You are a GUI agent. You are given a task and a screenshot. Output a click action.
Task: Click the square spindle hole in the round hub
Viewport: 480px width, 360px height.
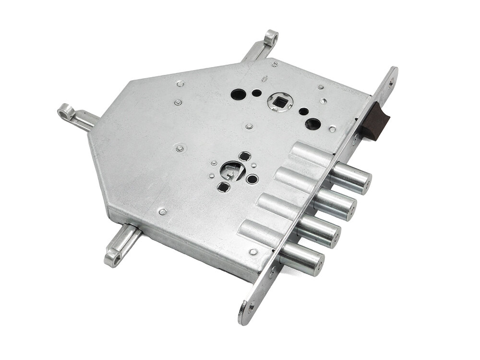pyautogui.click(x=278, y=101)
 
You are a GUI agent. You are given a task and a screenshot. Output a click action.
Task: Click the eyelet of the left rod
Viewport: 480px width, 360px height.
pyautogui.click(x=65, y=112)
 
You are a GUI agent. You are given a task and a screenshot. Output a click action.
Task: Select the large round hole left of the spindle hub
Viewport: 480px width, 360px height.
pyautogui.click(x=238, y=94)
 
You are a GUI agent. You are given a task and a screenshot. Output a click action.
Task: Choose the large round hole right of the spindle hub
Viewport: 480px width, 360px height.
pyautogui.click(x=313, y=124)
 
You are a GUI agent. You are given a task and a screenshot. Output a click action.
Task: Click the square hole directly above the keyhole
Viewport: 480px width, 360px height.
pyautogui.click(x=245, y=156)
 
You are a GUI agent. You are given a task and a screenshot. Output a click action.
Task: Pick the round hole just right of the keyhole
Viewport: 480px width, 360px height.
pyautogui.click(x=252, y=179)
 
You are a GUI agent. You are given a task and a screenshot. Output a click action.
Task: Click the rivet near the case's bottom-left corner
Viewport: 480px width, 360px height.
pyautogui.click(x=162, y=212)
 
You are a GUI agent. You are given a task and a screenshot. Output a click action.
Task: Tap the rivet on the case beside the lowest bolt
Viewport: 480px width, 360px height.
pyautogui.click(x=253, y=252)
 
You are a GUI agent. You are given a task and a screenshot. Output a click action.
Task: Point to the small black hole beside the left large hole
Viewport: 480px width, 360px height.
pyautogui.click(x=257, y=93)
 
